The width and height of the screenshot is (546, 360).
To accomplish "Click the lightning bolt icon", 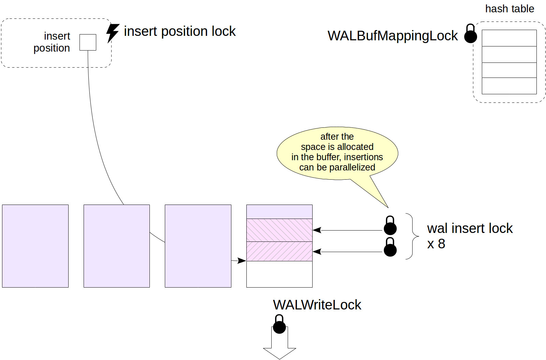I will (x=112, y=33).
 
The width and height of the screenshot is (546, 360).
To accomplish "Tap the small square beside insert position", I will (x=88, y=42).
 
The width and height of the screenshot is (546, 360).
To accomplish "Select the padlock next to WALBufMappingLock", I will (x=470, y=34).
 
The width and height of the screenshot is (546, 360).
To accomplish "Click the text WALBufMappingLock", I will (x=392, y=36).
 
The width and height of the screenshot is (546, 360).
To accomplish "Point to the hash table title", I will (x=509, y=9).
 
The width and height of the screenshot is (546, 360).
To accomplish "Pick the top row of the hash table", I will (x=509, y=38).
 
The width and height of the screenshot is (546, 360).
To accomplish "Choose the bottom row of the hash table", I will (x=509, y=86).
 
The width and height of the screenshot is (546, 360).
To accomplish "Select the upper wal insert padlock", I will (x=390, y=226).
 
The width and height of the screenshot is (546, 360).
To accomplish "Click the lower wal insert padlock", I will (x=390, y=247).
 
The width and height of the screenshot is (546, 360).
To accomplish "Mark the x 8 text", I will (x=436, y=244).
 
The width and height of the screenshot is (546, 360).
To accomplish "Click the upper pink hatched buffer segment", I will (x=279, y=230).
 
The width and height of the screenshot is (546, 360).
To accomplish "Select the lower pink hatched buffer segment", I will (x=279, y=251).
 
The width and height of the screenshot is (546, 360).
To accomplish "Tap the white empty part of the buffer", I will (x=279, y=274).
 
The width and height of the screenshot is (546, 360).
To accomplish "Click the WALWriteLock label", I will (x=317, y=305).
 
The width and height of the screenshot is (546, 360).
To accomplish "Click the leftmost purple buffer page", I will (x=35, y=246).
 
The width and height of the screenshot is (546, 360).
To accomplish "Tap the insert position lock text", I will (x=179, y=31).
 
